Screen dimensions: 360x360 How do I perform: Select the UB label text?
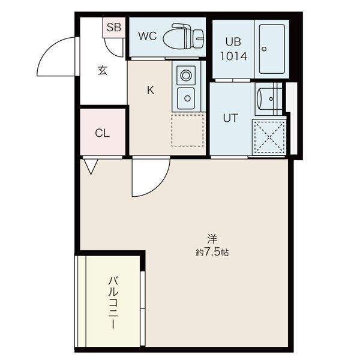tap(233, 41)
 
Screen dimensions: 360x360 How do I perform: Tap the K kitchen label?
tap(151, 91)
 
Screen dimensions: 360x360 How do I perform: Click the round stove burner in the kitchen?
tap(186, 76)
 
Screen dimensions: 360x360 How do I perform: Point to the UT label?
tap(230, 118)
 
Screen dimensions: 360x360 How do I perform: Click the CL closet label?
tap(103, 133)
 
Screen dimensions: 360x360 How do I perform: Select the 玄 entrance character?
tap(102, 70)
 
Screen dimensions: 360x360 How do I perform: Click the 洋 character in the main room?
tap(212, 238)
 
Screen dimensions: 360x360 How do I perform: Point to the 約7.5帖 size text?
tap(212, 252)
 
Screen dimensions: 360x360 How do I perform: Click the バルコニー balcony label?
tap(112, 302)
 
